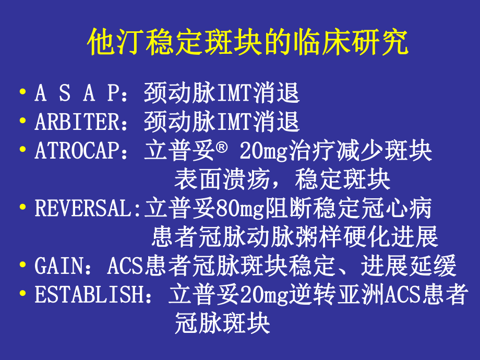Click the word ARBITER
(78, 123)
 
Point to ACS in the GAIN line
(125, 266)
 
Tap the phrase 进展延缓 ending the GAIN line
(409, 266)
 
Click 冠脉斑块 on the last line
(222, 323)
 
